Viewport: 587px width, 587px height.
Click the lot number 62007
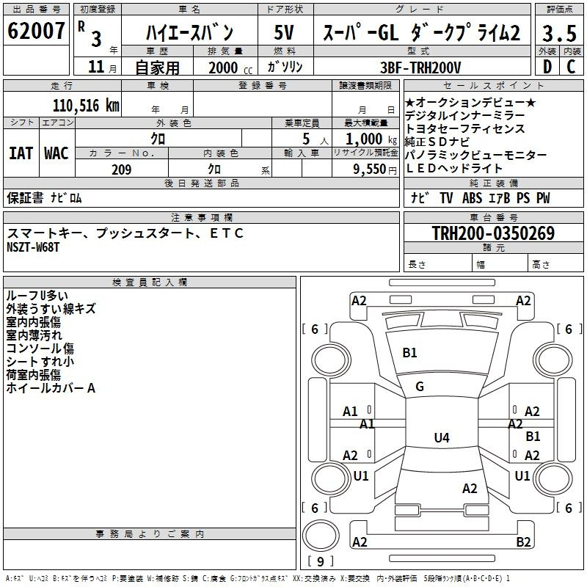[x=36, y=31]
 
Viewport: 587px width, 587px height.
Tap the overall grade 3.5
[x=559, y=33]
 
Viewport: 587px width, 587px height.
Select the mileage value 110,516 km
[x=86, y=106]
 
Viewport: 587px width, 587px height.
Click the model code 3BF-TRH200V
[x=420, y=68]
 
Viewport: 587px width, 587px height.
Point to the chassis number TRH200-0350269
[x=493, y=233]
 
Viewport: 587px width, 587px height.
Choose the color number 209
[x=122, y=169]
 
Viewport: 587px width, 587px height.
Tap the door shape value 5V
[x=284, y=32]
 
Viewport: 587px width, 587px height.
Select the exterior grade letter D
[x=547, y=67]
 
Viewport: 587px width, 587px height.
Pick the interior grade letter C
[x=571, y=67]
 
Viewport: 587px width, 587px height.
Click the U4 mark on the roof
[x=442, y=437]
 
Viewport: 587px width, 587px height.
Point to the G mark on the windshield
[x=420, y=387]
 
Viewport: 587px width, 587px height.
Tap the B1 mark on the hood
[x=409, y=353]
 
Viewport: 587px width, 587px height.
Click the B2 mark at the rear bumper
[x=523, y=542]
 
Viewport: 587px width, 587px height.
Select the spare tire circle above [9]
[x=321, y=536]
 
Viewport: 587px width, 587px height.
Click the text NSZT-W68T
[x=33, y=247]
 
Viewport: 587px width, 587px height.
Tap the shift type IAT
[x=21, y=153]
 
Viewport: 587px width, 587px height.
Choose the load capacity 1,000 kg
[x=371, y=139]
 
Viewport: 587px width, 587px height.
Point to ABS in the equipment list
[x=472, y=198]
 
